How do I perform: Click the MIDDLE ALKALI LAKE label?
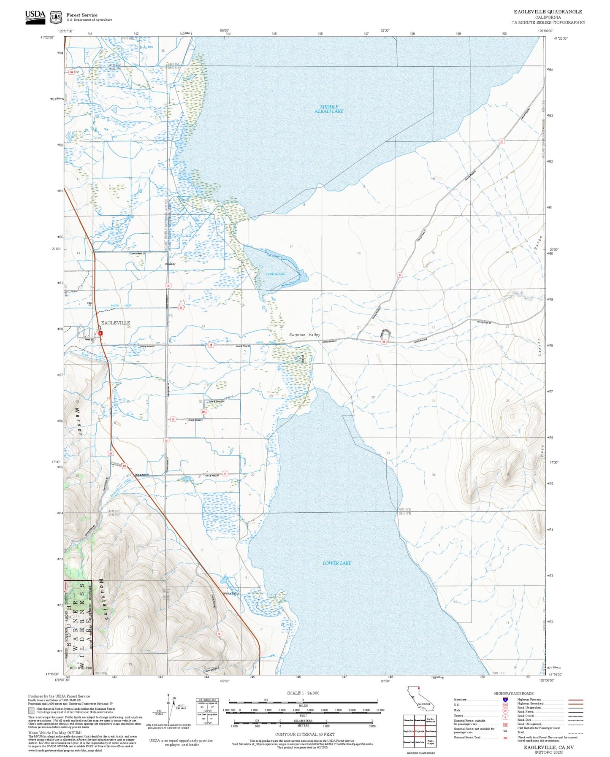329,109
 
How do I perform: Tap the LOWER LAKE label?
336,563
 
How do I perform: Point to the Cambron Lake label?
275,274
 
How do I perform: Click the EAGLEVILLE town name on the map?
115,323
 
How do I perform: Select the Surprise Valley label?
304,335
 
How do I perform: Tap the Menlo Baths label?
231,593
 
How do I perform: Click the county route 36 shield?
181,308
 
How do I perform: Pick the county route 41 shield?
225,474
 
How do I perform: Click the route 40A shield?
124,466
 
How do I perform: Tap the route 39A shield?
203,412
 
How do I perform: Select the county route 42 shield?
219,634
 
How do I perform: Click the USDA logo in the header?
35,16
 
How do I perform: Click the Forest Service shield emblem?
55,17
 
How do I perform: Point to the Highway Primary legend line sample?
575,700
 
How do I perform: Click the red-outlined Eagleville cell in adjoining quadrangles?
419,732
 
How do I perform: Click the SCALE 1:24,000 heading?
303,693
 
